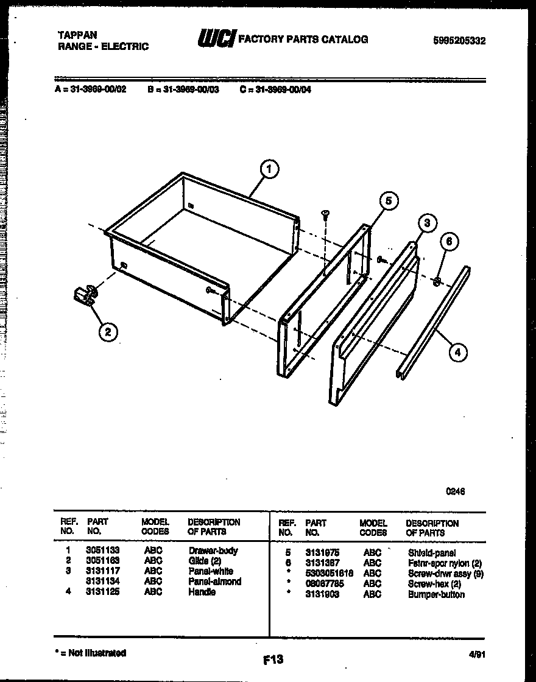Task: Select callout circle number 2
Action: pyautogui.click(x=108, y=332)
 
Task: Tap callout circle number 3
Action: pyautogui.click(x=427, y=223)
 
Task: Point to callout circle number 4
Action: pyautogui.click(x=457, y=351)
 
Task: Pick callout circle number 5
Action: pyautogui.click(x=388, y=201)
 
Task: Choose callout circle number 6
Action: pyautogui.click(x=449, y=242)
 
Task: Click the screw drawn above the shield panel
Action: pyautogui.click(x=326, y=214)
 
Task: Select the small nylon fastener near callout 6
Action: pyautogui.click(x=437, y=281)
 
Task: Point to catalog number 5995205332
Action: pyautogui.click(x=459, y=41)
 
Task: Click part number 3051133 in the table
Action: pyautogui.click(x=102, y=550)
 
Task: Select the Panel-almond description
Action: pyautogui.click(x=214, y=582)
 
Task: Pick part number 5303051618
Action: pyautogui.click(x=329, y=574)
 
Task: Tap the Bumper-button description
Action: pyautogui.click(x=436, y=594)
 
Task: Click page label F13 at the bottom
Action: pyautogui.click(x=273, y=659)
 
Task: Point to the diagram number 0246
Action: pyautogui.click(x=455, y=491)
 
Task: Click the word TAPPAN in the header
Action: pyautogui.click(x=77, y=35)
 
